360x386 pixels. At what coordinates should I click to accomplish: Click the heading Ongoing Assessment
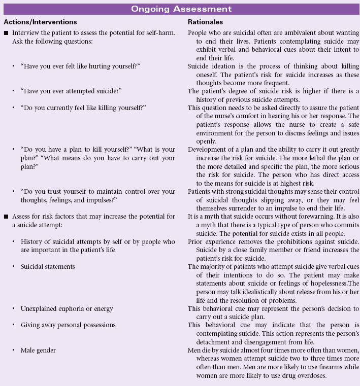(181, 9)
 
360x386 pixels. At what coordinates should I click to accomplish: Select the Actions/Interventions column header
(40, 22)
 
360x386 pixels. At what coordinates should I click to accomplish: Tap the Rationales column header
(205, 22)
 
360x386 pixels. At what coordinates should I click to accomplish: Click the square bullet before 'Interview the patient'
(5, 33)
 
